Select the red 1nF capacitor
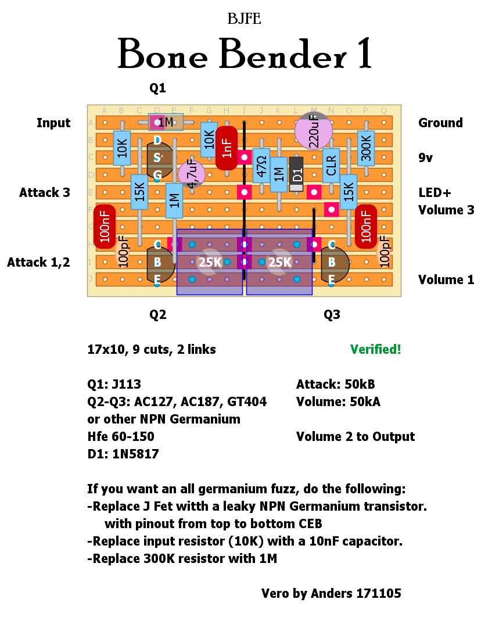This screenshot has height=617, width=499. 227,148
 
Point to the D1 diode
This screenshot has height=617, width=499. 296,174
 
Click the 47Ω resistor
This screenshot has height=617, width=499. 261,166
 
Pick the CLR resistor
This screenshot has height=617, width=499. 331,166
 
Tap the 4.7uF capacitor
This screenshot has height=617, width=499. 192,174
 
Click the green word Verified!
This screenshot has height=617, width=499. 375,349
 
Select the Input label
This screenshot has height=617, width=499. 53,123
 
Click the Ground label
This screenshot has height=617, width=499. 440,123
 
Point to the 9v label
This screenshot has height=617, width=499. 426,157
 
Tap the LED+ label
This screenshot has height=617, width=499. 435,192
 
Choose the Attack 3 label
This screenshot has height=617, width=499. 45,192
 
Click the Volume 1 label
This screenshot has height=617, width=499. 446,279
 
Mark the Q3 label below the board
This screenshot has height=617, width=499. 332,314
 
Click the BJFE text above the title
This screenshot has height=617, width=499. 245,19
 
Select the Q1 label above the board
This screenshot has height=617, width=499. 157,88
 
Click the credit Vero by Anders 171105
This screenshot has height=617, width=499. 331,593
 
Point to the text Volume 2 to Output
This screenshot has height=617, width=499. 356,436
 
